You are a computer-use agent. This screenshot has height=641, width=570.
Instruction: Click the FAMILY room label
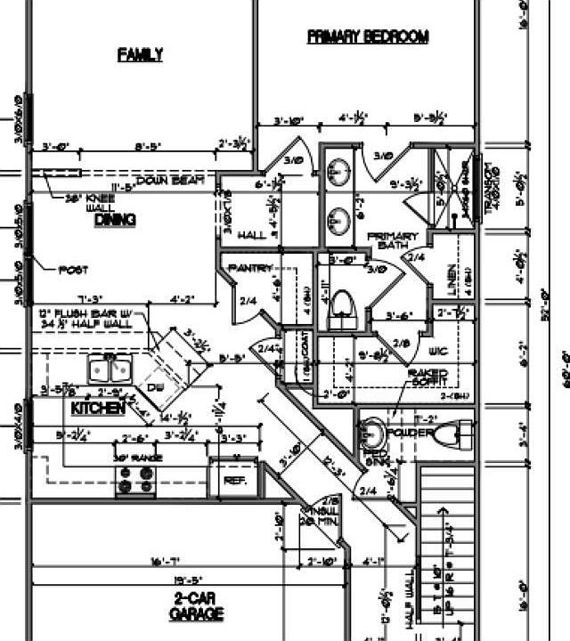click(141, 54)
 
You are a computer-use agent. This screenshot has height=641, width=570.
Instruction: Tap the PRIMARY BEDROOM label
click(368, 37)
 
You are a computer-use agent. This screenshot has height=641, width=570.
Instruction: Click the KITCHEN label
click(97, 408)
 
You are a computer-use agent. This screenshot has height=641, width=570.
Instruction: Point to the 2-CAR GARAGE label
click(196, 606)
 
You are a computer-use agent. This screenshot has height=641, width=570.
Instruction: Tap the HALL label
click(252, 235)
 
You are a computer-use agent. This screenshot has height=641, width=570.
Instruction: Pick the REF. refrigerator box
click(234, 479)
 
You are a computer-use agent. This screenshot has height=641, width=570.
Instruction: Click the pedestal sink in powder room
click(375, 434)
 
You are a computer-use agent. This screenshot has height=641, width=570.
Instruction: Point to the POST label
click(73, 269)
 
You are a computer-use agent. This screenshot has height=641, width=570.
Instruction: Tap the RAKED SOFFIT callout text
click(427, 377)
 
